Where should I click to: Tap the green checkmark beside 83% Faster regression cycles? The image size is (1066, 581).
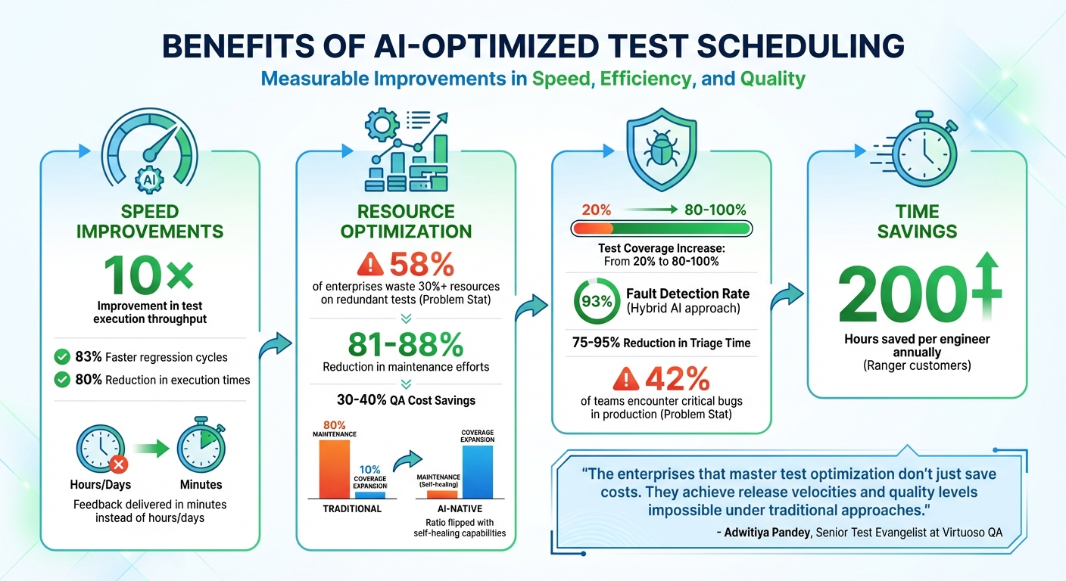click(x=64, y=356)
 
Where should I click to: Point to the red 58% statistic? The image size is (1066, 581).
click(x=422, y=264)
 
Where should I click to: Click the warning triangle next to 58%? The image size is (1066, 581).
click(x=372, y=265)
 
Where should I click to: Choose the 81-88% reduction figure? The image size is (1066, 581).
click(x=406, y=344)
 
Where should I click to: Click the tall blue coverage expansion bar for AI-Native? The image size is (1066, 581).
click(x=477, y=471)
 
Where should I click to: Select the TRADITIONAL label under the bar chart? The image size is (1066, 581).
click(x=352, y=509)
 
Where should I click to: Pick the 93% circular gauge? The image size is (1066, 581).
click(x=596, y=300)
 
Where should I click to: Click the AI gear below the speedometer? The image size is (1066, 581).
click(x=148, y=180)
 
